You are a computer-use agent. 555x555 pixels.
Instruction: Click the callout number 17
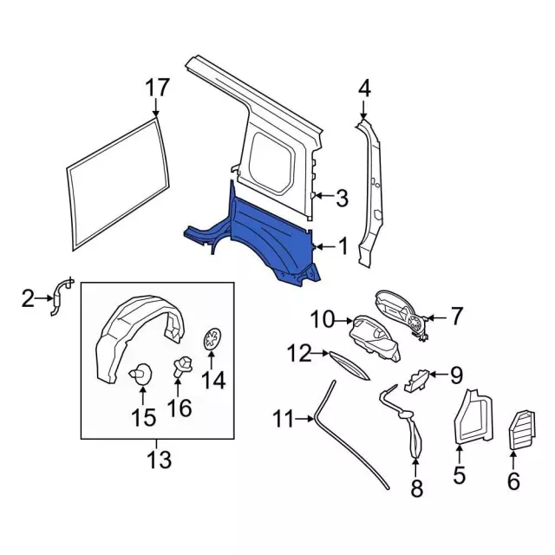pyautogui.click(x=156, y=88)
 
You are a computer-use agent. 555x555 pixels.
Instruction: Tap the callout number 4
pyautogui.click(x=364, y=88)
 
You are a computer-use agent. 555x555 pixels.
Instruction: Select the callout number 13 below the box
pyautogui.click(x=159, y=457)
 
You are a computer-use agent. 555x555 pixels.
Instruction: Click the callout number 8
pyautogui.click(x=416, y=489)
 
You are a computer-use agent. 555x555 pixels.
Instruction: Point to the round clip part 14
pyautogui.click(x=212, y=341)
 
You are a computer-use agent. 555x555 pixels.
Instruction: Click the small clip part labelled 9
pyautogui.click(x=416, y=379)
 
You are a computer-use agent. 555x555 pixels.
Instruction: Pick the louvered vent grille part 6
pyautogui.click(x=521, y=428)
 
